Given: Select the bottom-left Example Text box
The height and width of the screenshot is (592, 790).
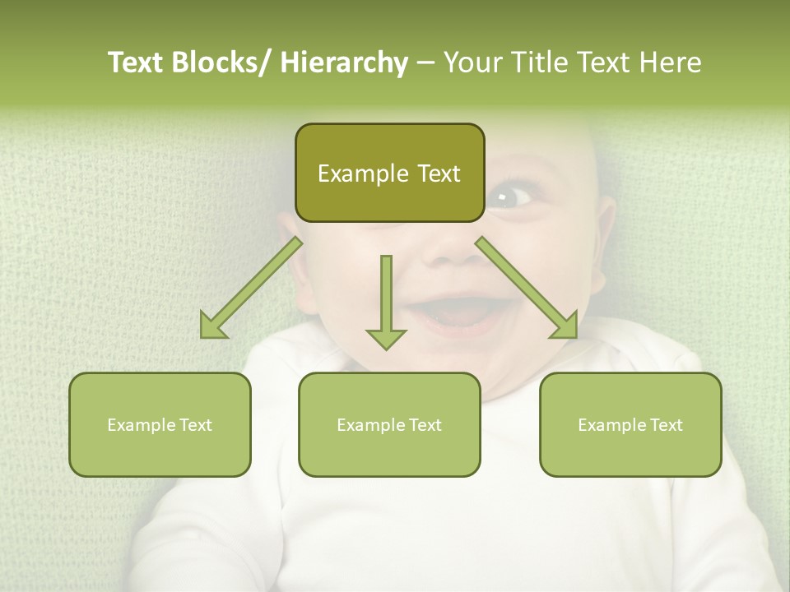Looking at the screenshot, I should coord(160,425).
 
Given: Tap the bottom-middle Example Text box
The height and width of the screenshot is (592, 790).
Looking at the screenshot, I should coord(389,425).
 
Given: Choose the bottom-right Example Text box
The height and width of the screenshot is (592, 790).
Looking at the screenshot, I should coord(630,425).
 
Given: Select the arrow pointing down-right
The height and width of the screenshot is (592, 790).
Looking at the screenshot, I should coord(527,288).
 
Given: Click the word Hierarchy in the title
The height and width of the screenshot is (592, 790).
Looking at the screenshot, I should coord(344,62).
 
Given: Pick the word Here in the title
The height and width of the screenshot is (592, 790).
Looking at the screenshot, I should coord(672,62).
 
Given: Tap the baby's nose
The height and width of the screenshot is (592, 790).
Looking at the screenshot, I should coord(453,247).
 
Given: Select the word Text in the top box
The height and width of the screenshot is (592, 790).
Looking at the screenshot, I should coord(438,174).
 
